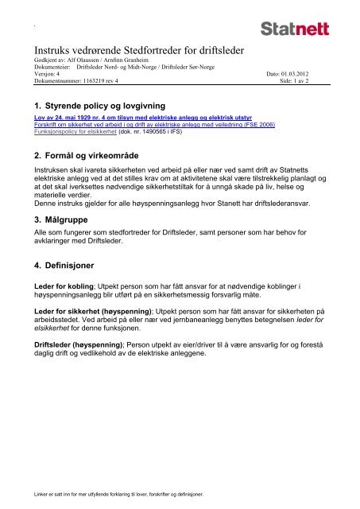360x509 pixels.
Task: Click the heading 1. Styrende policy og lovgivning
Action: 96,104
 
